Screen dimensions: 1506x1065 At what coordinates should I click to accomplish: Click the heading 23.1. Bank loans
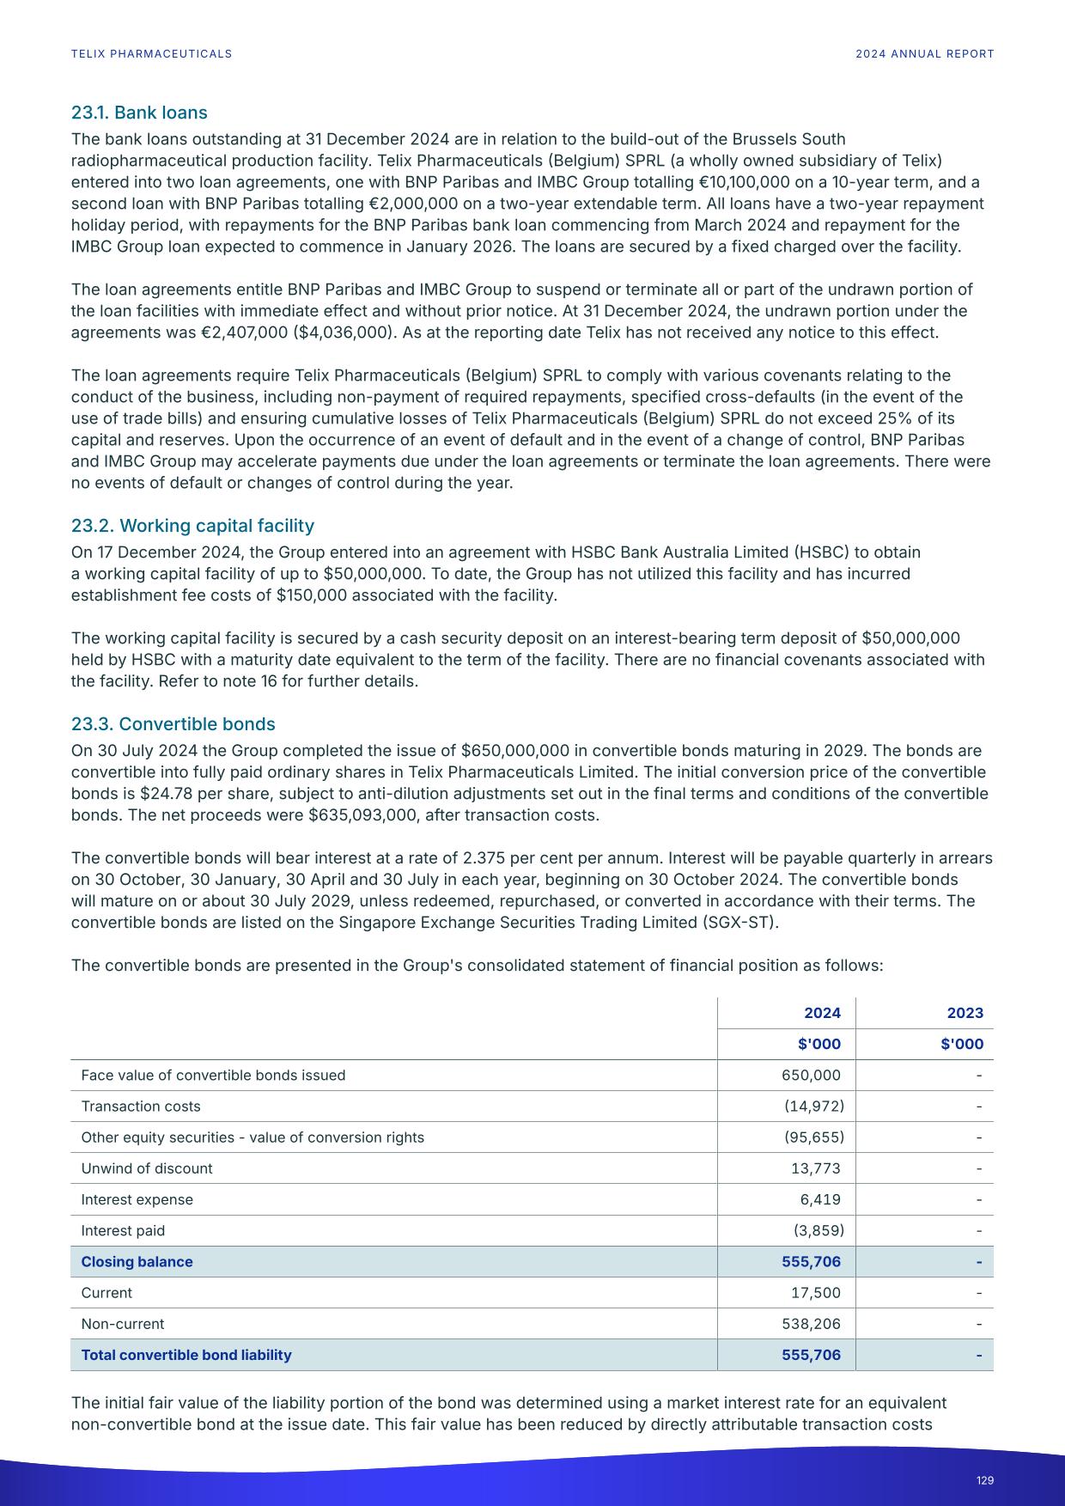(x=139, y=113)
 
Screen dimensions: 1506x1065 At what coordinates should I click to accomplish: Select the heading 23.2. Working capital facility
(x=192, y=526)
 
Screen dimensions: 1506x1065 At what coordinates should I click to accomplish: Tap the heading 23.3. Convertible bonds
(x=173, y=724)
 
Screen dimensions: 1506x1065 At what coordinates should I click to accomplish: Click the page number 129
(x=984, y=1480)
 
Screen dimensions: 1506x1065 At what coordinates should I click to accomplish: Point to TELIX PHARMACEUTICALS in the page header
(x=151, y=54)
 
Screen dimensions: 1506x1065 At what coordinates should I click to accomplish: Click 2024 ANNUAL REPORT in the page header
(x=924, y=54)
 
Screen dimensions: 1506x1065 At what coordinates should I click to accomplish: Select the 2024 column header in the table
(x=822, y=1013)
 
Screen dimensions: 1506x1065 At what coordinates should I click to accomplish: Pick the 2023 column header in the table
(x=965, y=1013)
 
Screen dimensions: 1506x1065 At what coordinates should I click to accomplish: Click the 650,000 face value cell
(x=811, y=1076)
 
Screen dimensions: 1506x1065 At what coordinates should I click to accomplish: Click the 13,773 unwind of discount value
(x=815, y=1168)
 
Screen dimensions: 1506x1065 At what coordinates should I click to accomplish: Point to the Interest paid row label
(x=123, y=1230)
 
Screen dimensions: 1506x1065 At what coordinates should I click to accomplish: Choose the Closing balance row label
(x=137, y=1262)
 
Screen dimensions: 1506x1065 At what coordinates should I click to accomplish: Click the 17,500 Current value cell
(x=815, y=1293)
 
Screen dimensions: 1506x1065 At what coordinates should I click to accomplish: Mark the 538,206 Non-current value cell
(x=811, y=1324)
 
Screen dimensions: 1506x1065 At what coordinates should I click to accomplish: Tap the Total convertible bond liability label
(x=186, y=1355)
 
